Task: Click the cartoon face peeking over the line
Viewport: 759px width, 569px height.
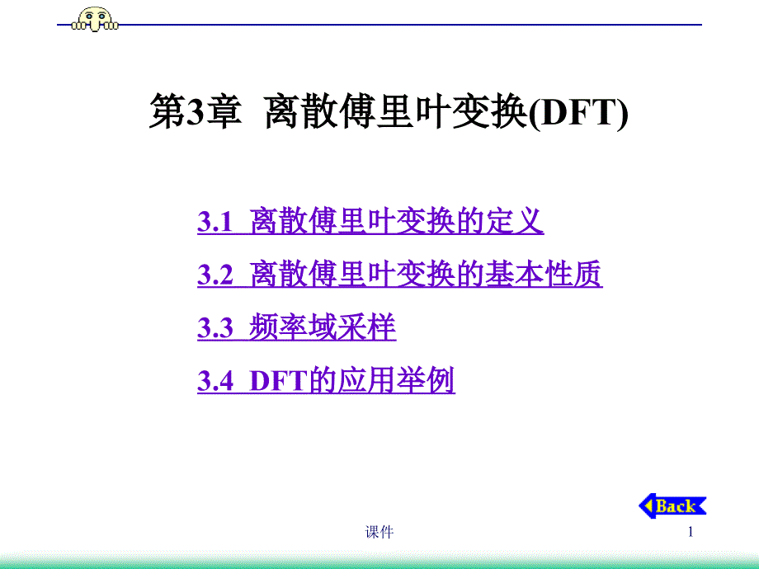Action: (x=95, y=19)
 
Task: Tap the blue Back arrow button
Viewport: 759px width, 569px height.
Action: (x=672, y=506)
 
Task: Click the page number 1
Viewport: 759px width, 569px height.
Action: (x=691, y=532)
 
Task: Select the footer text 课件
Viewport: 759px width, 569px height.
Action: (x=379, y=532)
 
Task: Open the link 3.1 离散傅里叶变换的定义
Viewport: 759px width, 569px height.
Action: (x=370, y=221)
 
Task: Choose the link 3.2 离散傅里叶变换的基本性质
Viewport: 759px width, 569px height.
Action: (x=400, y=274)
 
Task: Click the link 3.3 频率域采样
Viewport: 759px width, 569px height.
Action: (x=297, y=327)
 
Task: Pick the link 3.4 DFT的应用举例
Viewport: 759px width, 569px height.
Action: (x=326, y=380)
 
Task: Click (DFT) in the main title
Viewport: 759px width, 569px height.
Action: (x=578, y=113)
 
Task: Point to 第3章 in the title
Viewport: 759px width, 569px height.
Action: (x=195, y=112)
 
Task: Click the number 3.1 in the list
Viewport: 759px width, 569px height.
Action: (x=215, y=222)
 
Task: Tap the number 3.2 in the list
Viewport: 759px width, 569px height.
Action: (x=215, y=275)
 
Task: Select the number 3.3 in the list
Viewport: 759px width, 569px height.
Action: (x=215, y=328)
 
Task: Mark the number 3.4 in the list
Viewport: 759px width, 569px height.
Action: (x=215, y=381)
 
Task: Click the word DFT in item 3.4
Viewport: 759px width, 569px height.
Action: (x=278, y=381)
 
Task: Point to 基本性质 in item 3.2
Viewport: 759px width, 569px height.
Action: (x=544, y=274)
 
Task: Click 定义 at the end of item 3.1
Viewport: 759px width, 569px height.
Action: (x=515, y=221)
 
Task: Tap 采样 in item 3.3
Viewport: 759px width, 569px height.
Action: (x=367, y=327)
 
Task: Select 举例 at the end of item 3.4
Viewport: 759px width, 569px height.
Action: (x=426, y=380)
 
